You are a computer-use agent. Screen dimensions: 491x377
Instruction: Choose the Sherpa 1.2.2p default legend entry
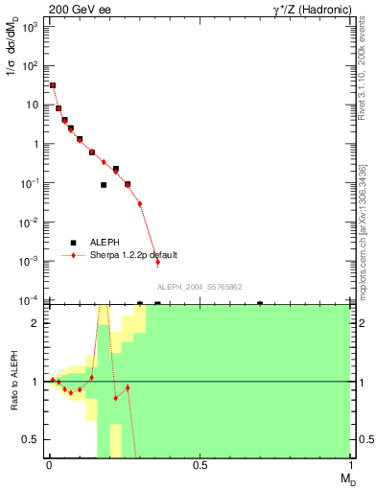point(134,256)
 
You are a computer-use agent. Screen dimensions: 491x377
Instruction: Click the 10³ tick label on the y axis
point(30,27)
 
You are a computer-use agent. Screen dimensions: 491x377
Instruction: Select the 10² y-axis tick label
point(30,66)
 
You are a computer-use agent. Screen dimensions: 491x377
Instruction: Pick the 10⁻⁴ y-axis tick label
point(29,300)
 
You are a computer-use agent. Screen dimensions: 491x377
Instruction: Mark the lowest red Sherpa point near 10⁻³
point(158,263)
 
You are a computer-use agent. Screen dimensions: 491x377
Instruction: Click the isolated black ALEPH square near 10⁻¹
point(104,185)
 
